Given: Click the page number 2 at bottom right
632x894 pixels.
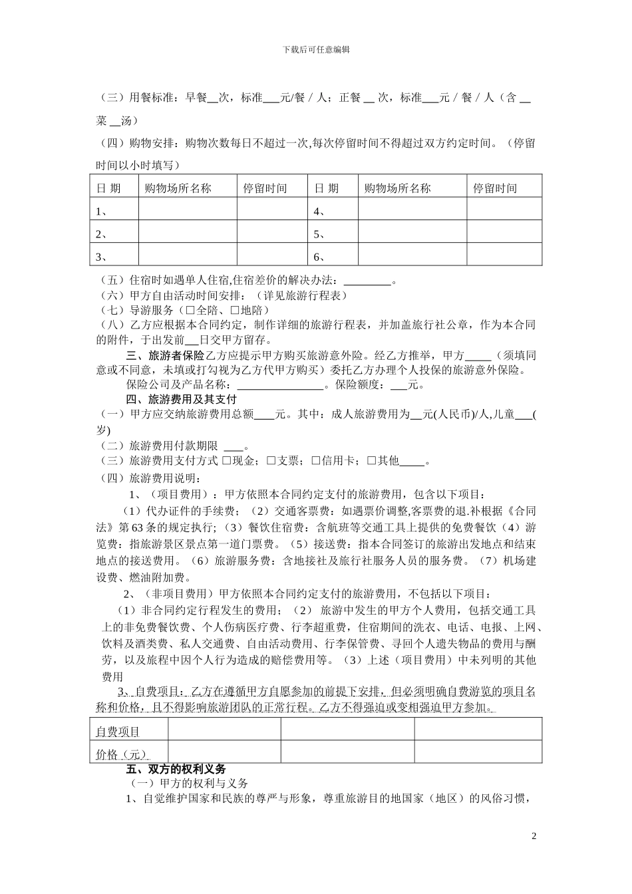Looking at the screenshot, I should point(534,835).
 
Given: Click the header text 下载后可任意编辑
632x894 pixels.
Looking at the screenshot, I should point(316,49).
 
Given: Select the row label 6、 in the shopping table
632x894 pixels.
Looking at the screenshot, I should point(320,257).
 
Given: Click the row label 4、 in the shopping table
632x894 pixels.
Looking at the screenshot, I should point(320,212).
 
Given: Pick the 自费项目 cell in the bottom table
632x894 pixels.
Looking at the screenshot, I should point(118,732).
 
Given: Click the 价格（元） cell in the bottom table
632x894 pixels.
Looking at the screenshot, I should point(120,754).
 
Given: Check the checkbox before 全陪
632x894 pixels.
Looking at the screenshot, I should point(190,311).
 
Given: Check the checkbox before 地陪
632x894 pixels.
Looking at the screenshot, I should point(234,311).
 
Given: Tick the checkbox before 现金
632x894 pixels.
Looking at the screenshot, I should point(227,461).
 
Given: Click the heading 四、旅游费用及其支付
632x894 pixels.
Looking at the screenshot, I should point(181,400).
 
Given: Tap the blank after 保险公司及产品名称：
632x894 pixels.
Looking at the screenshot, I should point(280,385).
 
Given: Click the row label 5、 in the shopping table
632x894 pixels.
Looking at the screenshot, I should point(320,234).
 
